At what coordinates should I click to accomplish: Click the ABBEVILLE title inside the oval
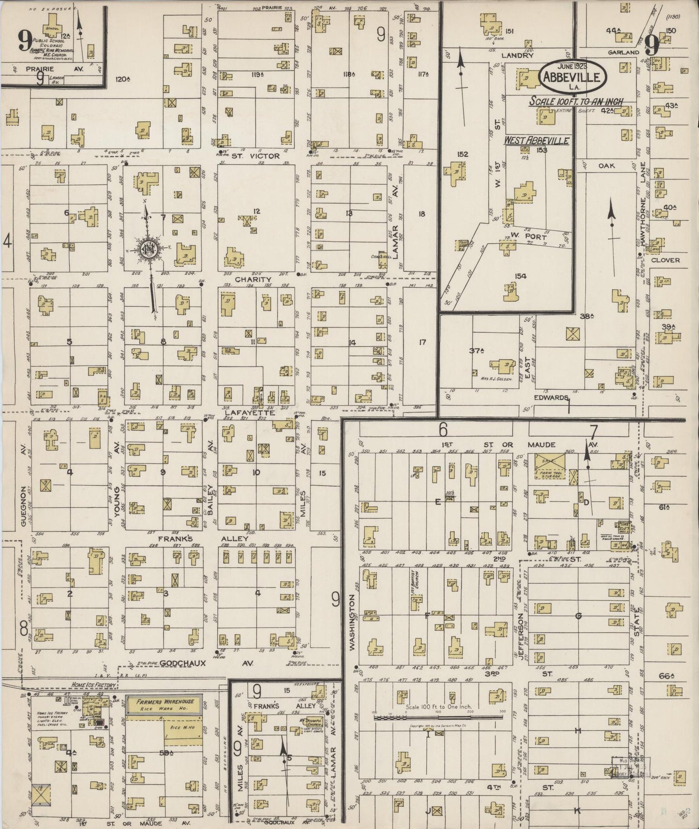pos(572,77)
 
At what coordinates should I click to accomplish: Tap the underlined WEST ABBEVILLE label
pos(536,141)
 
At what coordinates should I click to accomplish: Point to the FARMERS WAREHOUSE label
pos(164,702)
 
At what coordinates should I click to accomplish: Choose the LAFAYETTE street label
pos(250,413)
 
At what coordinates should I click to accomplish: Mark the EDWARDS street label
pos(550,398)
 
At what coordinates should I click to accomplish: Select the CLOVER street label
pos(665,260)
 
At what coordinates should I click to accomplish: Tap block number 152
pos(462,154)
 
